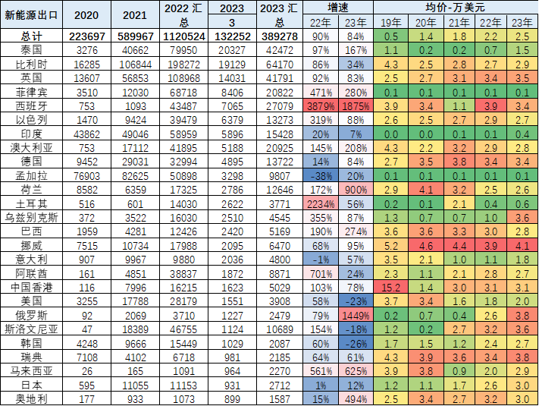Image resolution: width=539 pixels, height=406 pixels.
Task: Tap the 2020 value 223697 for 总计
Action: [86, 36]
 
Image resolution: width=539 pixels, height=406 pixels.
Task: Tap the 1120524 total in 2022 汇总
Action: [186, 36]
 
